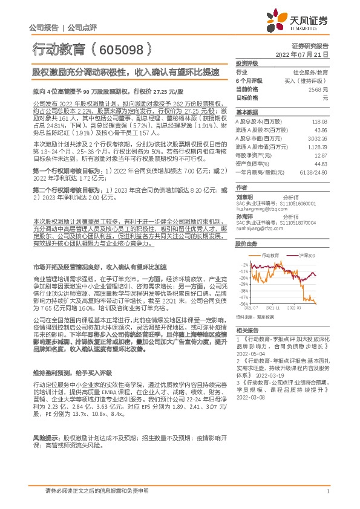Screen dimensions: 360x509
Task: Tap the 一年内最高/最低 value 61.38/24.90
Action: tap(314, 172)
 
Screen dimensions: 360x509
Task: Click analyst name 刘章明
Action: tap(244, 197)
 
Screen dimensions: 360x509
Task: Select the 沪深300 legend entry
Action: tap(306, 256)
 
